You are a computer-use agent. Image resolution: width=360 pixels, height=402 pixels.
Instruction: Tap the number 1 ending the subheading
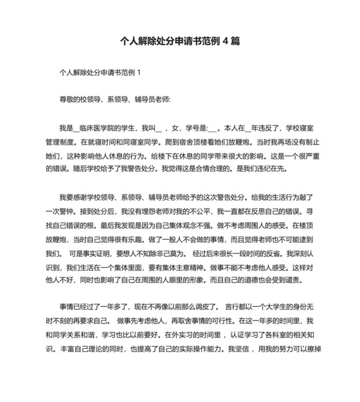click(x=138, y=73)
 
